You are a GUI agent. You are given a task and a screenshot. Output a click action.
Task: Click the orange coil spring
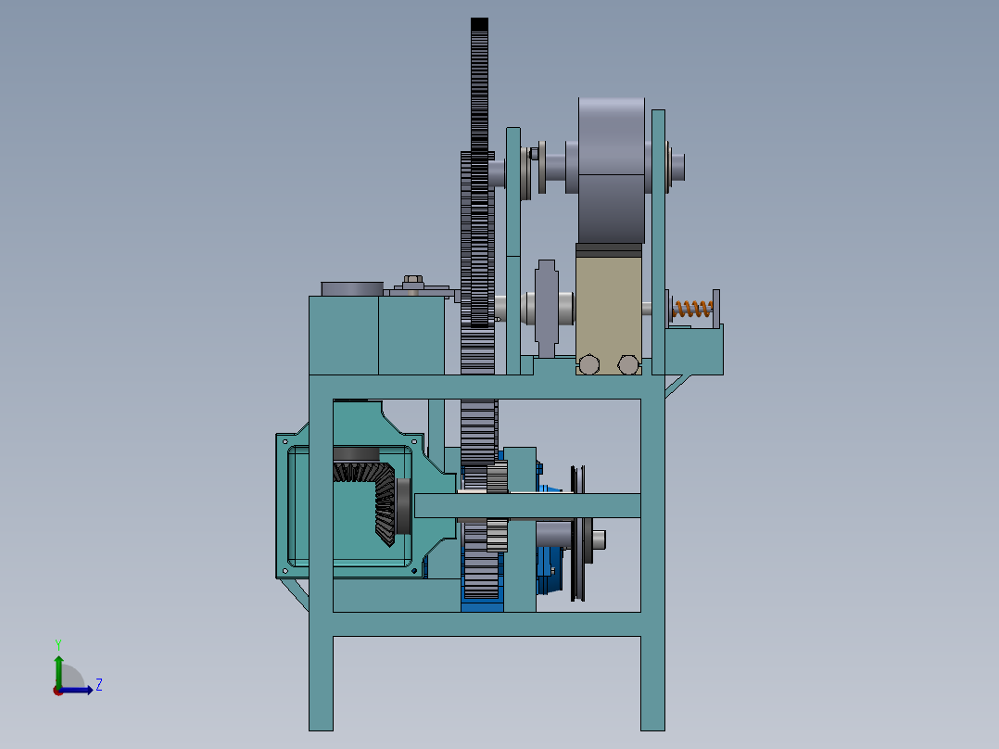[x=692, y=310]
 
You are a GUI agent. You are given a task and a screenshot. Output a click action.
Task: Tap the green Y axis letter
[x=58, y=644]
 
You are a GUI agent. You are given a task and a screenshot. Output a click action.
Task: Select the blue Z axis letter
[x=99, y=685]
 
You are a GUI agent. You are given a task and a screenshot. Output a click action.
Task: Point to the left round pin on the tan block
[x=588, y=365]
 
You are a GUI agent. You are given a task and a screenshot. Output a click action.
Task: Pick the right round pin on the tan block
[x=628, y=365]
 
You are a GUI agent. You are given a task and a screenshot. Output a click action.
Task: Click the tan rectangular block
[x=609, y=309]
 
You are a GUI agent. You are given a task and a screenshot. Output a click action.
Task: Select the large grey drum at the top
[x=612, y=171]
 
